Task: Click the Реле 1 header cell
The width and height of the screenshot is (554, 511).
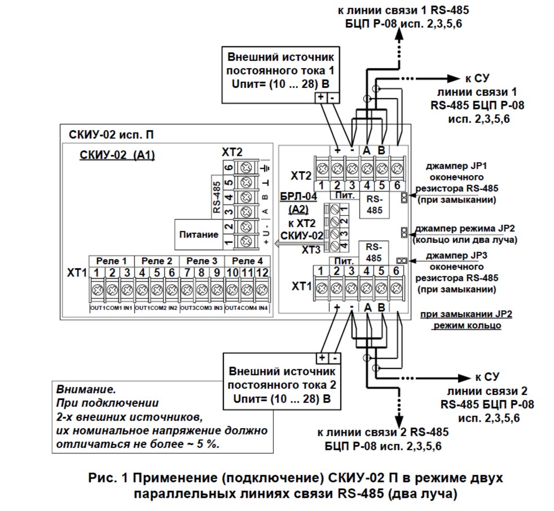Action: point(112,261)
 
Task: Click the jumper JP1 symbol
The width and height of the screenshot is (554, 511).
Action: point(404,197)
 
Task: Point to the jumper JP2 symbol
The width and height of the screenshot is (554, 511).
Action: point(404,232)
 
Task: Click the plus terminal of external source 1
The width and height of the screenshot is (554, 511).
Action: point(321,97)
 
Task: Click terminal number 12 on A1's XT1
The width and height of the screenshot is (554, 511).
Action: point(261,273)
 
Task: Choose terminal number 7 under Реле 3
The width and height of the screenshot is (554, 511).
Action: point(187,273)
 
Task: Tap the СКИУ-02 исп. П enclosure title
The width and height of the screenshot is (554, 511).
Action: point(109,135)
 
